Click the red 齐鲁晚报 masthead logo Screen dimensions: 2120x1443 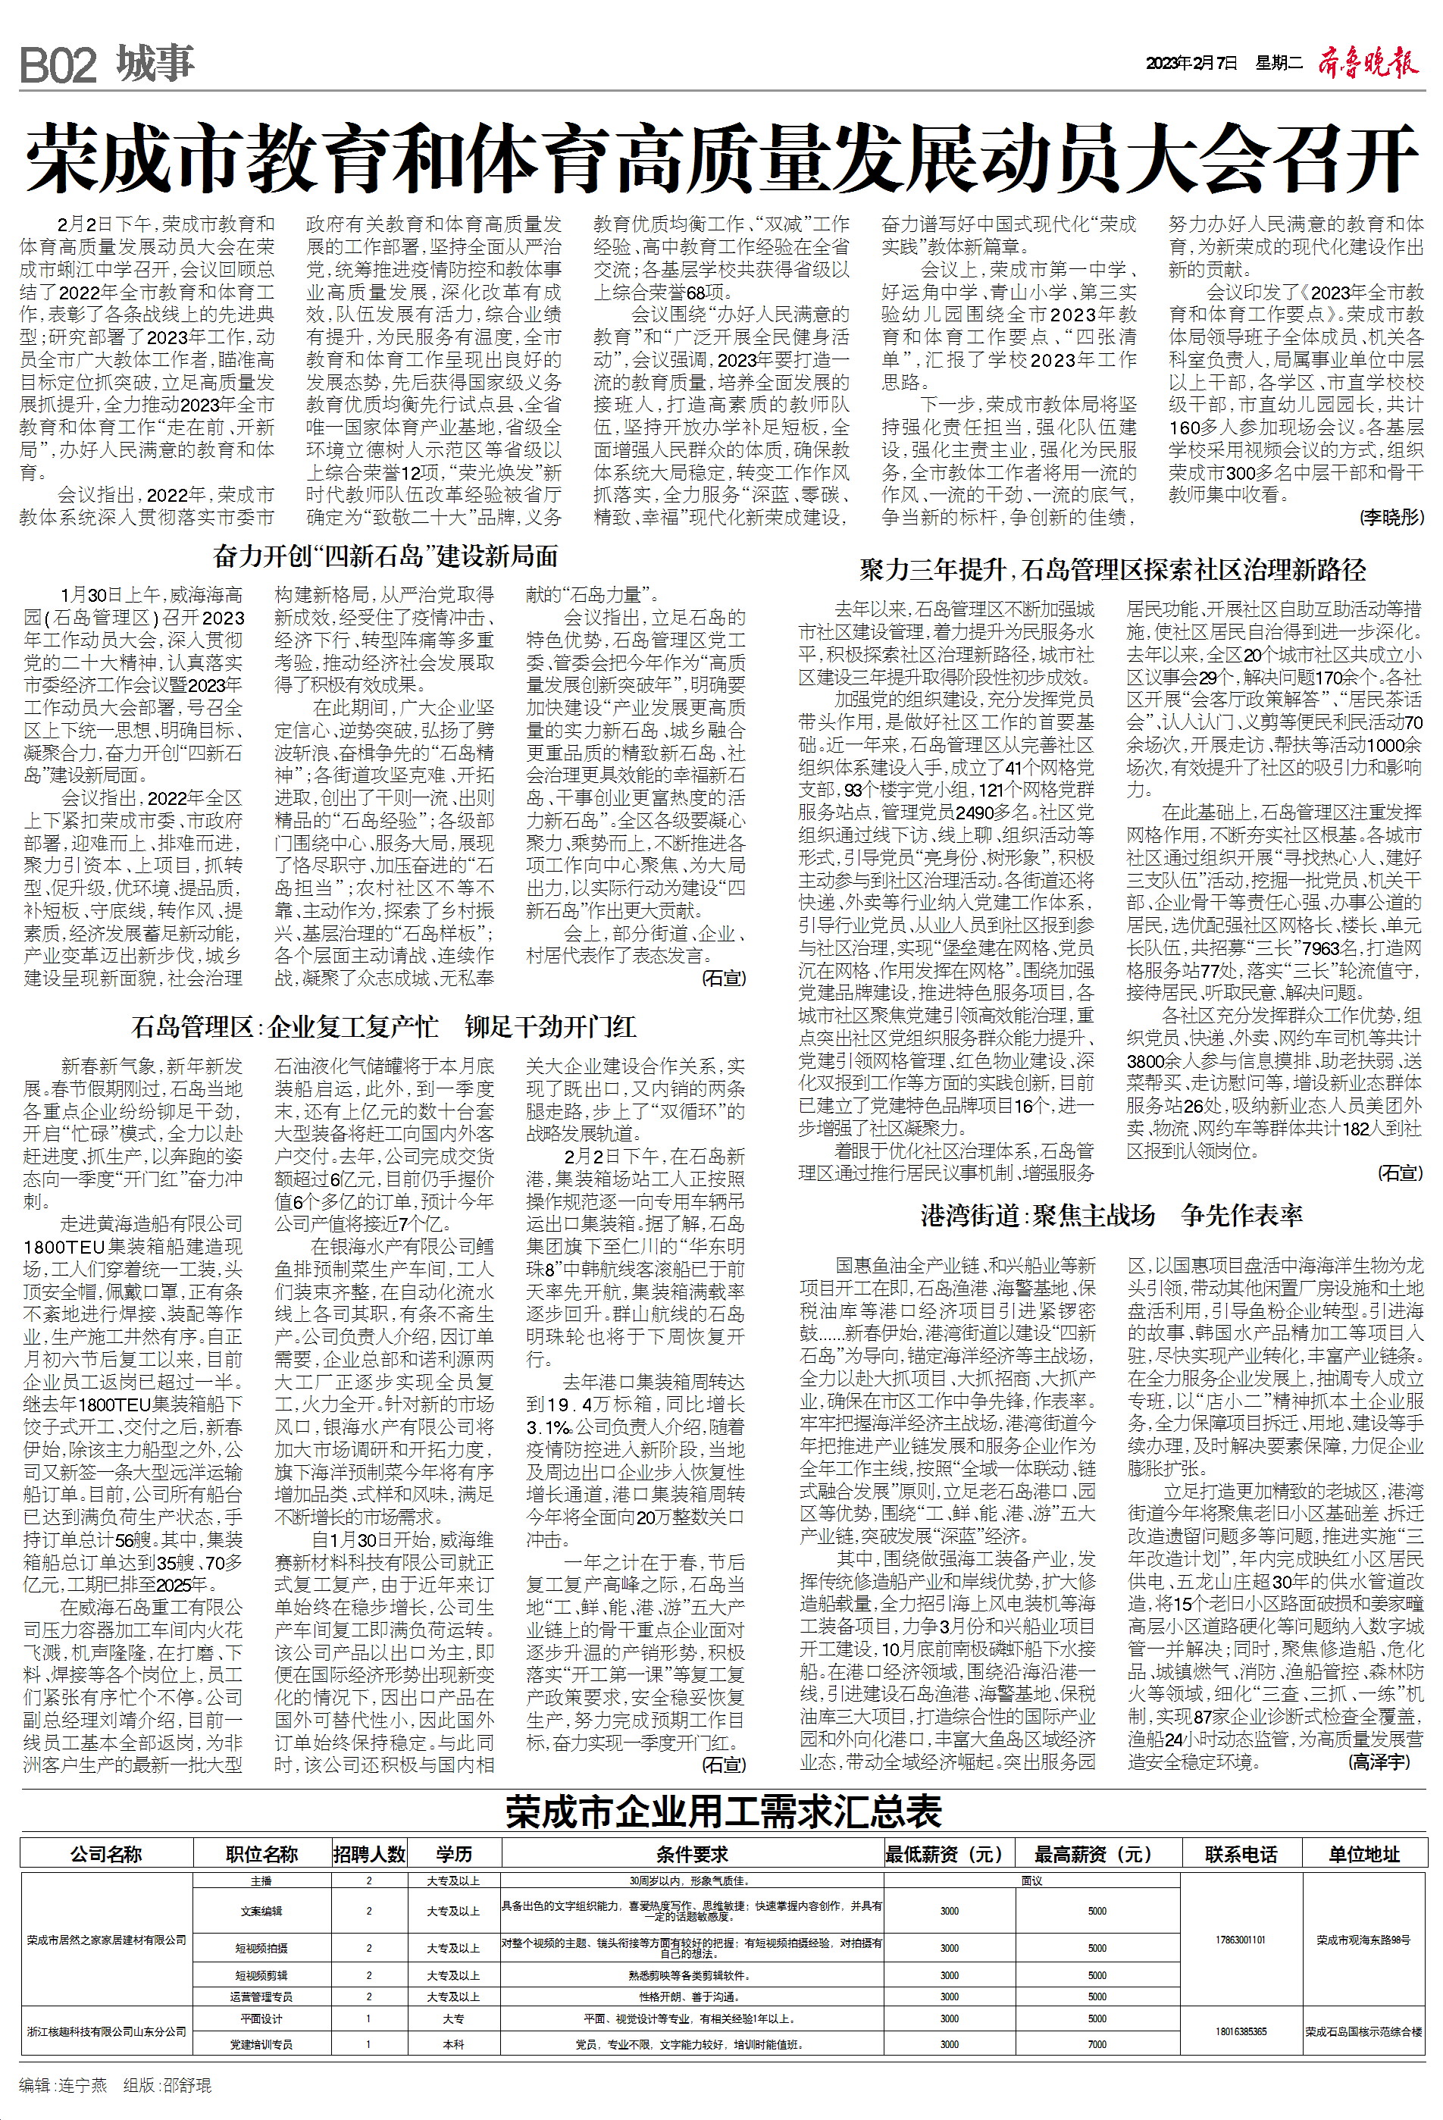click(1368, 64)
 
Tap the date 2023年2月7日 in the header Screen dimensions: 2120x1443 click(1191, 63)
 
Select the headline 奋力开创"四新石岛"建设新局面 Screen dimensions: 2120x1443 click(385, 556)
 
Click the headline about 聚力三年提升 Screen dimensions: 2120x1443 click(1112, 571)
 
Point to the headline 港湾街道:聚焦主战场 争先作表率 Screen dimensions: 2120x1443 click(1111, 1215)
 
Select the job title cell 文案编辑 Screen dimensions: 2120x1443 click(261, 1911)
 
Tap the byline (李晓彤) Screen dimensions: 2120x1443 click(1391, 517)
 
